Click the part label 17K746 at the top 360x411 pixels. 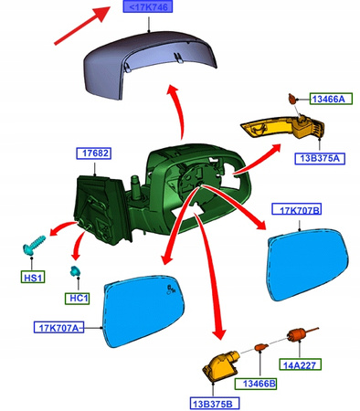click(x=148, y=6)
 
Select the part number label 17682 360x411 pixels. click(x=93, y=153)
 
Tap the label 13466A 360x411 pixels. click(x=331, y=99)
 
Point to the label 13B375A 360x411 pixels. click(x=320, y=158)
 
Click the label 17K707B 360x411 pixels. click(x=297, y=209)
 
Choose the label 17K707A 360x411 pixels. click(x=58, y=328)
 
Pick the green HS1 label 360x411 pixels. click(x=33, y=278)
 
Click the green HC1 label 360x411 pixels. click(x=78, y=299)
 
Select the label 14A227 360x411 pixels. click(x=300, y=364)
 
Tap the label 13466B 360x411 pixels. click(x=256, y=384)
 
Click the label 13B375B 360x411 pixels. click(x=215, y=404)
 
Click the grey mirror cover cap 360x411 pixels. click(x=149, y=63)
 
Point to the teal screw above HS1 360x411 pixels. click(x=33, y=244)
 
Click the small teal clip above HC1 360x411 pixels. click(x=75, y=271)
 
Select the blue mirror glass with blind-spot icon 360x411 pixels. click(x=143, y=311)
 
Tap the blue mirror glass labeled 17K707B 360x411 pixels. click(x=308, y=264)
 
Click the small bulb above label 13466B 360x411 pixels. click(x=261, y=347)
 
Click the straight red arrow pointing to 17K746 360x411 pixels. click(x=82, y=26)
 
